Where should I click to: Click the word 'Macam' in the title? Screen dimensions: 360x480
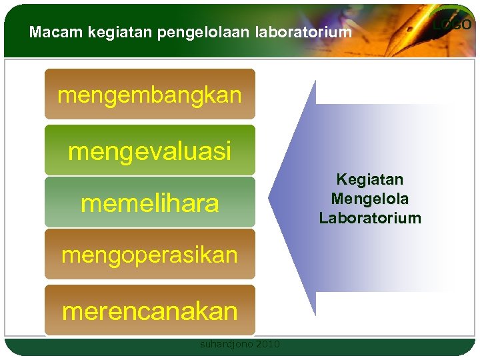(x=49, y=32)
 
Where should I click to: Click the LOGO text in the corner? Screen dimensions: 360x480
(x=453, y=25)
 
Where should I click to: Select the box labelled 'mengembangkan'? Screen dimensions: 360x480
(x=149, y=95)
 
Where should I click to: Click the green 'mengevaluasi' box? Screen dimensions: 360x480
(x=149, y=151)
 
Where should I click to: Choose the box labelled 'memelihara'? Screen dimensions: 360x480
(x=149, y=203)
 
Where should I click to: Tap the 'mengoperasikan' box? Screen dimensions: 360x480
(x=149, y=255)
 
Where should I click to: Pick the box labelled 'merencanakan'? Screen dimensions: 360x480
(x=149, y=311)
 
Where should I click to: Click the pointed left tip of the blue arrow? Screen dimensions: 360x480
(x=270, y=198)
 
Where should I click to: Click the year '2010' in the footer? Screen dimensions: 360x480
(x=267, y=345)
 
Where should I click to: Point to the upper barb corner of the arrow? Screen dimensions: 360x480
(x=315, y=81)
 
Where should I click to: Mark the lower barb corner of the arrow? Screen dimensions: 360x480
(x=315, y=315)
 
